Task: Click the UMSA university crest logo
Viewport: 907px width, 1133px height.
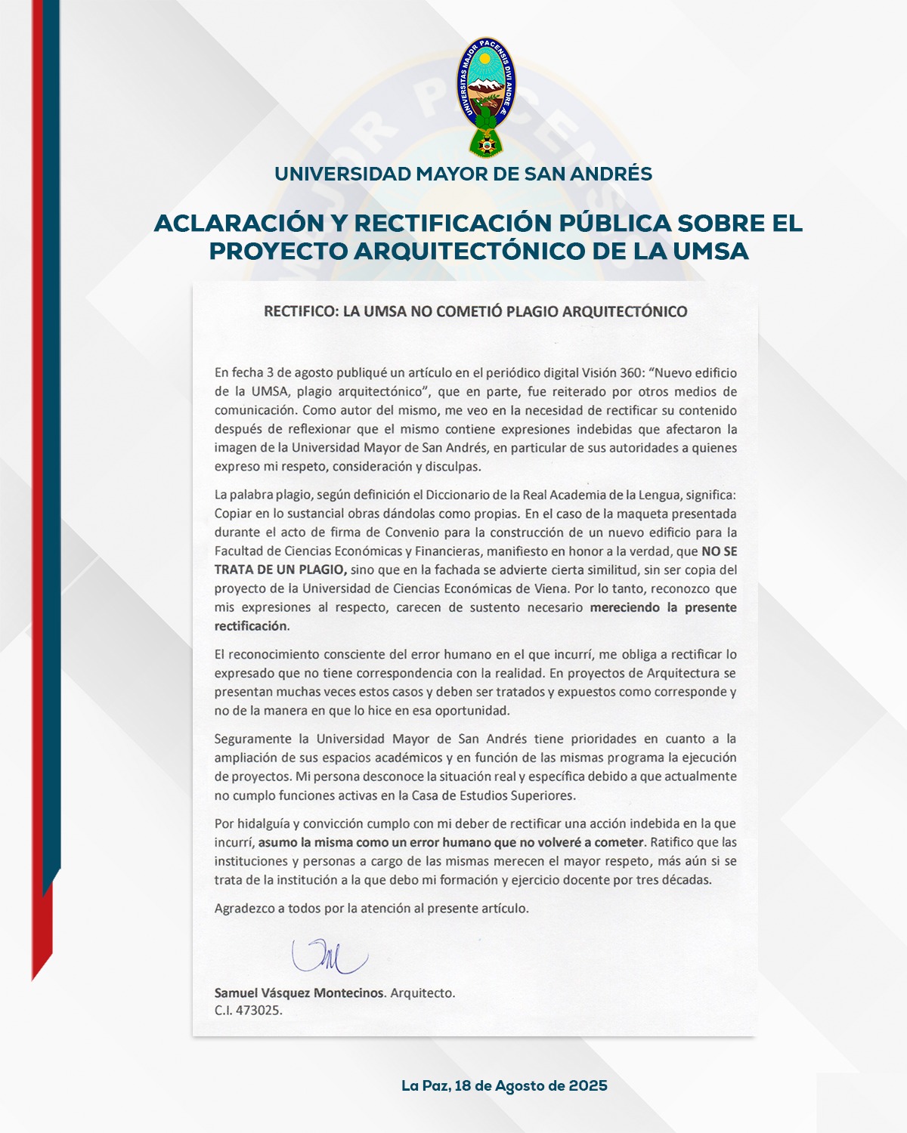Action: click(486, 96)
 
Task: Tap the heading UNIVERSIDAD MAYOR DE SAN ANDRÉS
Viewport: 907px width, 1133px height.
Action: click(463, 174)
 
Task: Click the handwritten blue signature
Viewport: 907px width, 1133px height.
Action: click(329, 956)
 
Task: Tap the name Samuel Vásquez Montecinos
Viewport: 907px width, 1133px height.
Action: click(299, 993)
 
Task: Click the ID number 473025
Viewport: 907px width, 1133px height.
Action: click(258, 1011)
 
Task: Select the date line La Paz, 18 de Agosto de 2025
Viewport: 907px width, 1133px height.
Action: click(504, 1085)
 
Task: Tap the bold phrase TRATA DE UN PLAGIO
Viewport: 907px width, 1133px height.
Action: click(280, 570)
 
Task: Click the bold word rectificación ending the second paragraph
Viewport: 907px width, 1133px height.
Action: click(251, 626)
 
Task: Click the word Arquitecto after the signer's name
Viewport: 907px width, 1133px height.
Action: click(423, 993)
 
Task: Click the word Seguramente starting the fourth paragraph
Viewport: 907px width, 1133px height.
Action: click(252, 739)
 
